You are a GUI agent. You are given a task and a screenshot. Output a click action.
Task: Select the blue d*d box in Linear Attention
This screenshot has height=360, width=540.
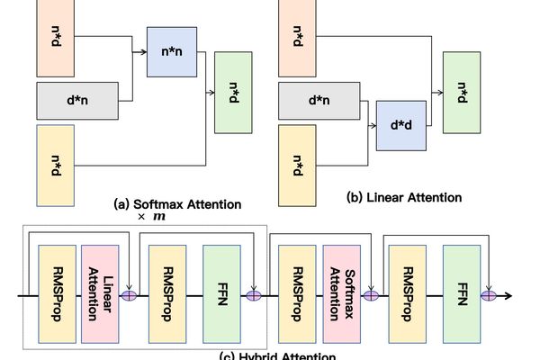[x=400, y=126]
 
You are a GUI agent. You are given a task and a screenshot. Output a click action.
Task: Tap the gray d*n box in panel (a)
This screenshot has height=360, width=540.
[x=80, y=101]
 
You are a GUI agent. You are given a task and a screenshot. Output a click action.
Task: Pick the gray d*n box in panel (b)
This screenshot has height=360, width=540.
[x=319, y=101]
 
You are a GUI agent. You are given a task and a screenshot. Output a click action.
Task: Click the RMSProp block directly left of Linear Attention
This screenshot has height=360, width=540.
[x=55, y=292]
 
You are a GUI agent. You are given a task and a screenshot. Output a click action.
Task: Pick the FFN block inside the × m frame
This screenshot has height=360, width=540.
[x=221, y=292]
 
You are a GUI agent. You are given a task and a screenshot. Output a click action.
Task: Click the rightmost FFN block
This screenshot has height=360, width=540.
[x=462, y=292]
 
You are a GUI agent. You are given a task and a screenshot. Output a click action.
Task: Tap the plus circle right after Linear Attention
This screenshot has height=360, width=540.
[x=130, y=294]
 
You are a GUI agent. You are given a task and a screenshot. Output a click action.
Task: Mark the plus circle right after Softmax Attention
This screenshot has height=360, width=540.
[x=370, y=294]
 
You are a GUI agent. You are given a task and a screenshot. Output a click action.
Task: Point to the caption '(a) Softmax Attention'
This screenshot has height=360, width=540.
[x=177, y=203]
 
